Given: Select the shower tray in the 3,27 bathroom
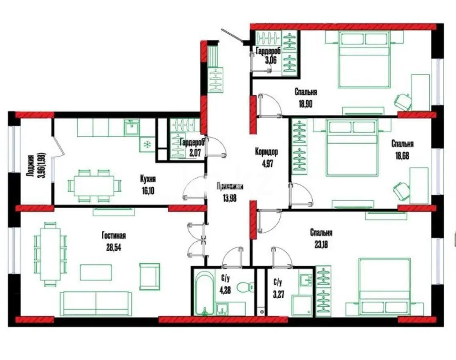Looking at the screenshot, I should tap(302, 306).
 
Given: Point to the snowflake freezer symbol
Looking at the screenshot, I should tap(147, 144).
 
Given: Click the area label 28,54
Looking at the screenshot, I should tap(112, 247).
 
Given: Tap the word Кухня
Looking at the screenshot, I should tap(148, 179).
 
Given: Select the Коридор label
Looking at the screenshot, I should tap(266, 152).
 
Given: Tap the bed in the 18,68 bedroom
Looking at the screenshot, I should tap(352, 148).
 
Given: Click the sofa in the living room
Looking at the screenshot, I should tap(96, 303).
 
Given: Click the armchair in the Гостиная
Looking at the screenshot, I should tap(149, 276).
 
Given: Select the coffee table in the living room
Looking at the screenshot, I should tap(96, 272).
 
